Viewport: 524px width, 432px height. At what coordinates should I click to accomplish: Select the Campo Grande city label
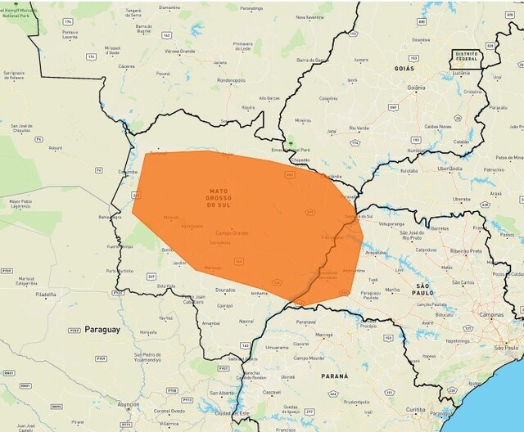pyautogui.click(x=231, y=233)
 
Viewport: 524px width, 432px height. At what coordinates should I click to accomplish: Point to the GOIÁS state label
pyautogui.click(x=404, y=70)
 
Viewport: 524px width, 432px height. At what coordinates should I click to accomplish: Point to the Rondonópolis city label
pyautogui.click(x=231, y=80)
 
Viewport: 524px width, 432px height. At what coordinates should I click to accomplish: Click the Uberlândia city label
pyautogui.click(x=450, y=168)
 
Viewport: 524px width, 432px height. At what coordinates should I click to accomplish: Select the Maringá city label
pyautogui.click(x=324, y=335)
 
